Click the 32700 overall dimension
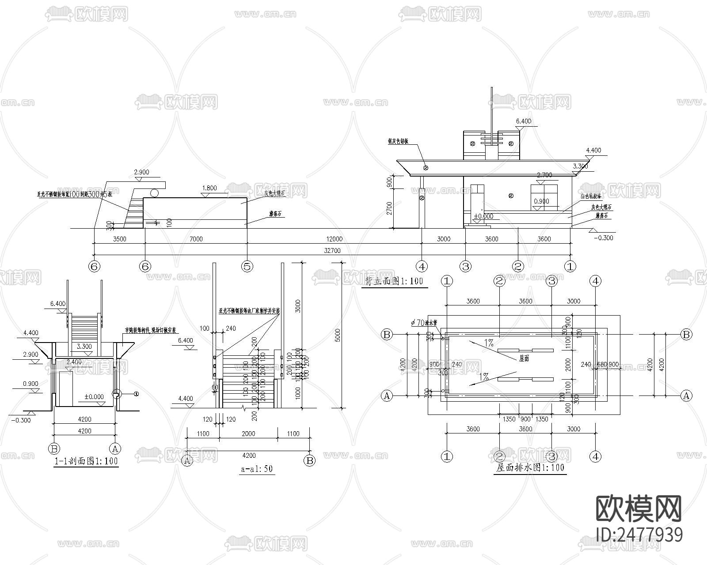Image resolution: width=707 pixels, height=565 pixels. (332, 251)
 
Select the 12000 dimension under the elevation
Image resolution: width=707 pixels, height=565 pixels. (334, 239)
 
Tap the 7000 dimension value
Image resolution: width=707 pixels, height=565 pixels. (196, 239)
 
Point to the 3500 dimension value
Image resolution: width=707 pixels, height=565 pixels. (120, 239)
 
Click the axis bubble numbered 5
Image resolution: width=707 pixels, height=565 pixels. (247, 266)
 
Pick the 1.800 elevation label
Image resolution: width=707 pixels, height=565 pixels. (209, 188)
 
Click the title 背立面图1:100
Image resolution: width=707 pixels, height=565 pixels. (394, 282)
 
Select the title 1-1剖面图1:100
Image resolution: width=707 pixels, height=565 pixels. (86, 462)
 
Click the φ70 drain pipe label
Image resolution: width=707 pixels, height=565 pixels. (423, 323)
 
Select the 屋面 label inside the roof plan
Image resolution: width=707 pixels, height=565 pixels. (524, 359)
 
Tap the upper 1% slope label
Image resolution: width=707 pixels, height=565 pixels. (488, 343)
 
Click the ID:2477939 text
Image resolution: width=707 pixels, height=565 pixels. (639, 535)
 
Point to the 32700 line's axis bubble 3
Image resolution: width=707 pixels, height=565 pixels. (465, 266)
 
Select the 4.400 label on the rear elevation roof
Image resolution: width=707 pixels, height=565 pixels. (593, 151)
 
